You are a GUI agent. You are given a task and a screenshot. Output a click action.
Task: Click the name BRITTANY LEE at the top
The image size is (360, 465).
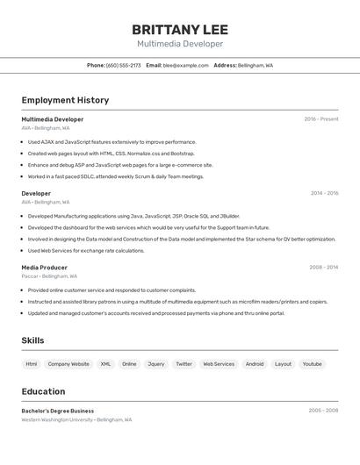(x=180, y=29)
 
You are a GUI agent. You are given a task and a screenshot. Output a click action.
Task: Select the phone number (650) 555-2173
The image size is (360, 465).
(x=123, y=66)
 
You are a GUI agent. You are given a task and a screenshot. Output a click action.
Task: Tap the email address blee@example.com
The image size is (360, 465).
(x=185, y=66)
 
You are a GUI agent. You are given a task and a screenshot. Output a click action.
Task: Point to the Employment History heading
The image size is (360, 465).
(x=65, y=100)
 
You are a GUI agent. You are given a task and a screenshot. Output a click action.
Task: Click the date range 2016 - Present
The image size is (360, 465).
(x=321, y=119)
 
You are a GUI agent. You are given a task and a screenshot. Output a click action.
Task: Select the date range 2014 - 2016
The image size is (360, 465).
(x=324, y=193)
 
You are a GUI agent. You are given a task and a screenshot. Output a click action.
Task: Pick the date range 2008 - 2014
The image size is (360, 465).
(x=323, y=268)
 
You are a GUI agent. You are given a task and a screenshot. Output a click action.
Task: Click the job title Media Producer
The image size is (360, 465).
(x=45, y=268)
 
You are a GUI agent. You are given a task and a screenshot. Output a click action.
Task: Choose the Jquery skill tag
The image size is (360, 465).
(x=155, y=363)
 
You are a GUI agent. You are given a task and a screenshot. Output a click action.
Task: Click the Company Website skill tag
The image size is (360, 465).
(x=68, y=363)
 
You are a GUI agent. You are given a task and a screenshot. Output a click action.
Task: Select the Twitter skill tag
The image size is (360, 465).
(x=184, y=363)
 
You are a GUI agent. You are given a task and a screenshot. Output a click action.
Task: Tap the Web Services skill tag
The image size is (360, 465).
(x=219, y=363)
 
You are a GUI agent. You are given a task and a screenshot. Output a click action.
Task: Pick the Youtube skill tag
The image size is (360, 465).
(x=312, y=363)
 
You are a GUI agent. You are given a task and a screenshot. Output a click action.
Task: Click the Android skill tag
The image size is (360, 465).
(x=255, y=363)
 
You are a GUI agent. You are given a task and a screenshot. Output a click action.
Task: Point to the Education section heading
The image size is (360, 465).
(x=43, y=391)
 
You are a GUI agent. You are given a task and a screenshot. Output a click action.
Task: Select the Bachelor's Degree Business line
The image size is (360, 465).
(x=58, y=411)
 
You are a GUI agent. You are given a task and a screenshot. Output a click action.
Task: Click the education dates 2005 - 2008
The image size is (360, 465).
(x=323, y=411)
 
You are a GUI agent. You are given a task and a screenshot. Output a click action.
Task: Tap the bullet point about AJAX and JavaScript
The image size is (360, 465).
(x=112, y=142)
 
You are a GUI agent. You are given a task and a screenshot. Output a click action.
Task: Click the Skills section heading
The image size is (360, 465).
(x=32, y=340)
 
